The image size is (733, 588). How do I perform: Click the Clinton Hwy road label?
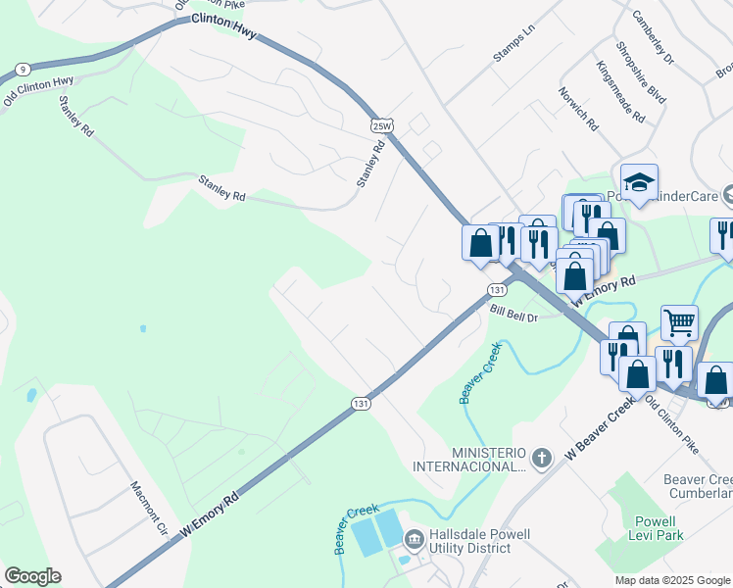(x=223, y=25)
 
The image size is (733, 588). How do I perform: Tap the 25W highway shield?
(x=382, y=124)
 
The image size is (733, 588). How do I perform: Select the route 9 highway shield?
(x=22, y=70)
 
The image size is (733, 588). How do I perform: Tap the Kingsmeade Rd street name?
(x=620, y=92)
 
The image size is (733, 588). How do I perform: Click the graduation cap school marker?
(x=639, y=182)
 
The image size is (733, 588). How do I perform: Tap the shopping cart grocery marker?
(x=679, y=321)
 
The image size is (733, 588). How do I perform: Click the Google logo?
(x=32, y=576)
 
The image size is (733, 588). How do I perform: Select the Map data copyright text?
(x=672, y=580)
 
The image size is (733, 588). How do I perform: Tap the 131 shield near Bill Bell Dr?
(x=498, y=290)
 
